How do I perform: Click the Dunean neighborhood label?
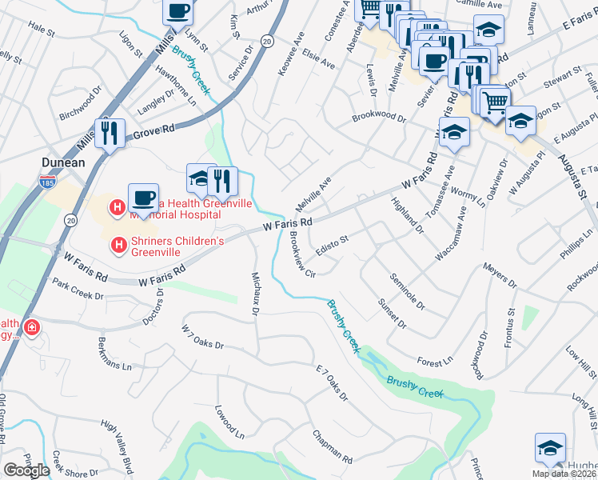coord(63,162)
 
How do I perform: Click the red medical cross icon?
coord(31,328)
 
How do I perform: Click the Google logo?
coord(26,470)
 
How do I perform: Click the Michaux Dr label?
coord(256,293)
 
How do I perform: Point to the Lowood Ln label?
coord(229,421)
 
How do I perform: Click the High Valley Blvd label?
coord(117,443)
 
